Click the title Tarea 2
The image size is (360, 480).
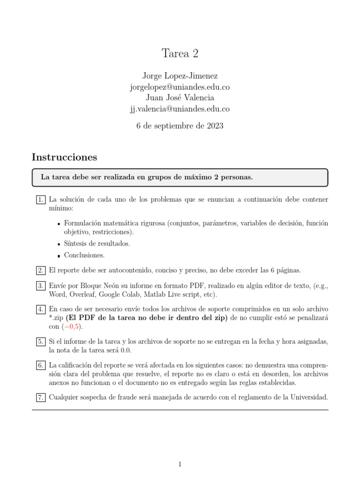180,53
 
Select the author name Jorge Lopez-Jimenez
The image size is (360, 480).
180,75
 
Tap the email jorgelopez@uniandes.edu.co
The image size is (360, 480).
180,87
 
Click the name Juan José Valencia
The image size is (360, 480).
180,98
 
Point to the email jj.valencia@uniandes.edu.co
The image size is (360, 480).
180,109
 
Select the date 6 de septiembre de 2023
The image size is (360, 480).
180,126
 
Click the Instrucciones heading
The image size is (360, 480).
64,157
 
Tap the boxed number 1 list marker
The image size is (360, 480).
40,200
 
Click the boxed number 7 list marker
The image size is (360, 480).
40,397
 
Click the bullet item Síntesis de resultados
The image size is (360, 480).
97,243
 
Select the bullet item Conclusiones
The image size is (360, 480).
84,255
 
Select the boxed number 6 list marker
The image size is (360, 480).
40,365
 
